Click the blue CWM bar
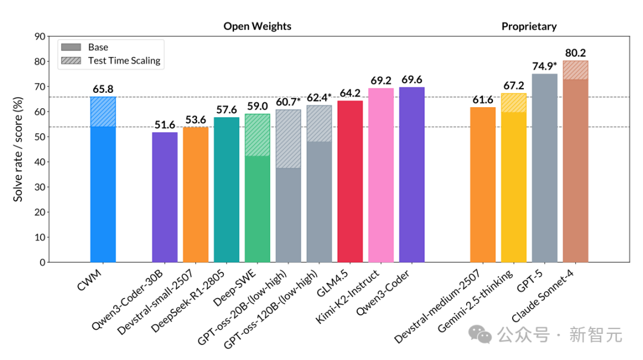103,180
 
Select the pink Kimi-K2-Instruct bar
381,175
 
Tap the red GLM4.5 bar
350,181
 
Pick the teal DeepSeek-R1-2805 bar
226,190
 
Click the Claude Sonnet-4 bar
575,161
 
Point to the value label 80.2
575,53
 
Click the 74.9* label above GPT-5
545,66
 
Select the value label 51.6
164,124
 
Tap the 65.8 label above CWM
103,89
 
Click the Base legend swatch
71,47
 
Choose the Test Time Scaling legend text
124,61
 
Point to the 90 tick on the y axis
40,36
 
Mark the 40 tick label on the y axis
40,162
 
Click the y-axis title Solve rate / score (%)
18,149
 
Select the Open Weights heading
257,26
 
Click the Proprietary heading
529,26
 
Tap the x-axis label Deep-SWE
235,288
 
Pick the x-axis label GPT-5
530,281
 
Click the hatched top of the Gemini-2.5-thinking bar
514,103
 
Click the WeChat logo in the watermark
480,334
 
